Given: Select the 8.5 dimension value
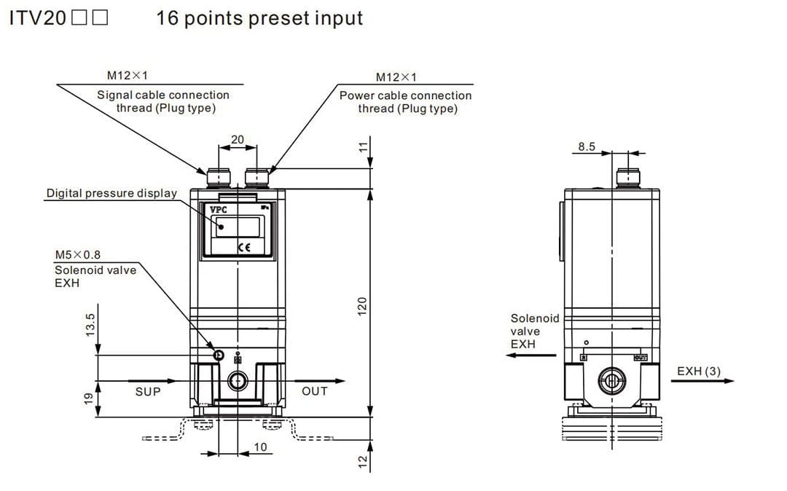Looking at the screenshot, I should click(587, 146).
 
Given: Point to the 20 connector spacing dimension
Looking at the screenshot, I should click(238, 139).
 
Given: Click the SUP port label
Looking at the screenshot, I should click(148, 391).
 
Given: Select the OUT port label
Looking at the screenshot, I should click(315, 391).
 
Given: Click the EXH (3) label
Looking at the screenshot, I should click(699, 372).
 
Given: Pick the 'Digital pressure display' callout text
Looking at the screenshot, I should click(111, 193).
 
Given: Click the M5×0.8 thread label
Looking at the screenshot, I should click(78, 255).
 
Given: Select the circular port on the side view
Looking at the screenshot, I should click(612, 379).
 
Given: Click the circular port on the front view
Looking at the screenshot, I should click(238, 380).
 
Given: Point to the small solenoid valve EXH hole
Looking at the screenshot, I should click(218, 355).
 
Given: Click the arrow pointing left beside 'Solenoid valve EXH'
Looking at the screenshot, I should click(522, 356).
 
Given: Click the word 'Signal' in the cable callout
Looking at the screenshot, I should click(114, 95).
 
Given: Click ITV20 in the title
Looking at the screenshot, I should click(37, 18).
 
